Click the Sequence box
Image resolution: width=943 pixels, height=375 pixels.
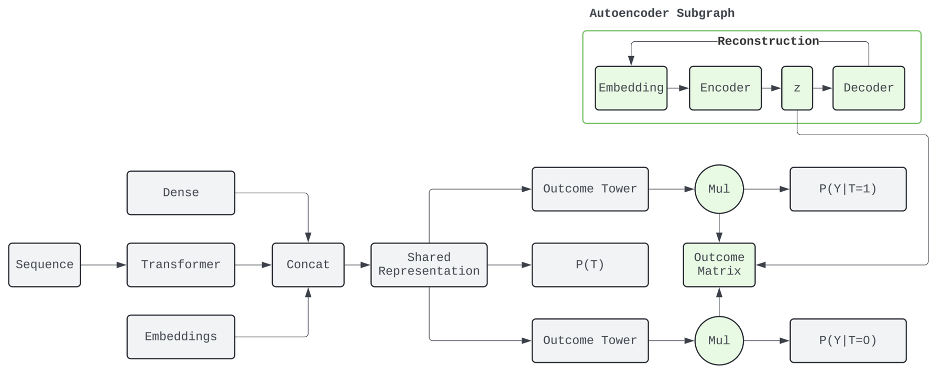(x=45, y=264)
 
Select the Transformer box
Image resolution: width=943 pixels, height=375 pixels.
(x=181, y=264)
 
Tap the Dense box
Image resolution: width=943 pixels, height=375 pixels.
(x=181, y=193)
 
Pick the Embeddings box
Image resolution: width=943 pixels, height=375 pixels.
(x=181, y=337)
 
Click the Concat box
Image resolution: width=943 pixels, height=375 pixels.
(x=308, y=264)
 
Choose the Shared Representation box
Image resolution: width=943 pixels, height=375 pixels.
(x=429, y=264)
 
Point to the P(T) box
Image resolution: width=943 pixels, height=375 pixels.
(x=590, y=264)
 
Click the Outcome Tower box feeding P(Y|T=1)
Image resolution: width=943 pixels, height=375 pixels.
(x=590, y=189)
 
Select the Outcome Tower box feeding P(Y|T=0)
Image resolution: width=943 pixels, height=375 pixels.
(x=590, y=340)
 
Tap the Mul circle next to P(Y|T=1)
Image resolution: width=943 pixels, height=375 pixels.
(x=719, y=189)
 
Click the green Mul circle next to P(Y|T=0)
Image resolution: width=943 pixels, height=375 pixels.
(x=719, y=340)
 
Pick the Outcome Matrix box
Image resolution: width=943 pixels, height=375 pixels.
(x=719, y=264)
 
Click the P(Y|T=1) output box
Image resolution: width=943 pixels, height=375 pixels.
(x=848, y=189)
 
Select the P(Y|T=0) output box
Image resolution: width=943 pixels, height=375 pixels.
(x=848, y=340)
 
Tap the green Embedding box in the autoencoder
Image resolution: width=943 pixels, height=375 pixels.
(x=631, y=88)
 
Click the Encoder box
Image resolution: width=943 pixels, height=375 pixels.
(x=725, y=88)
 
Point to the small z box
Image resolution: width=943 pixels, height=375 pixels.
(x=797, y=88)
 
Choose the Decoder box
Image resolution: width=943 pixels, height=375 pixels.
(x=869, y=88)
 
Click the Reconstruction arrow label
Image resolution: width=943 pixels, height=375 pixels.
(x=768, y=41)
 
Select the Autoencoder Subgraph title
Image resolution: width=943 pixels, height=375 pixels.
(x=662, y=13)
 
